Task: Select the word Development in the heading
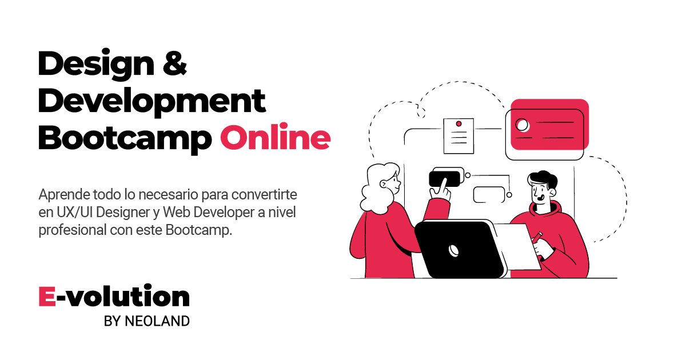(151, 101)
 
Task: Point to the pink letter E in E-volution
(47, 297)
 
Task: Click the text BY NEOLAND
(146, 321)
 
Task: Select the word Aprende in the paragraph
(61, 193)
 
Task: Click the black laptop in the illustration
(457, 249)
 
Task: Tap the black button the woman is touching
(444, 179)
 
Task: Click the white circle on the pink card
(521, 124)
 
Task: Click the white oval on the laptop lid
(454, 249)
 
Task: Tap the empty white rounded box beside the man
(489, 194)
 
